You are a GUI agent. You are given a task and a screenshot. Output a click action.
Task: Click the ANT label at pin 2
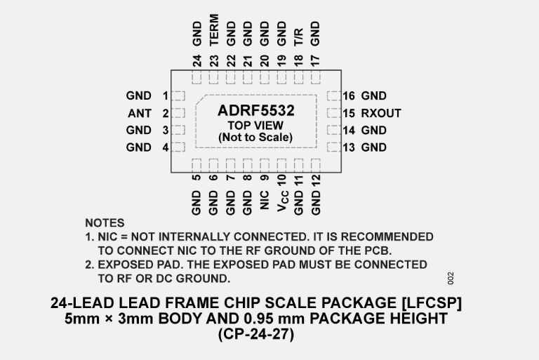tap(139, 113)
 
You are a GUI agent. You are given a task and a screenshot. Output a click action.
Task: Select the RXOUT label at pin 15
tap(381, 113)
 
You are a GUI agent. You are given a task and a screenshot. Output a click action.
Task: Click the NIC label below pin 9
tap(264, 200)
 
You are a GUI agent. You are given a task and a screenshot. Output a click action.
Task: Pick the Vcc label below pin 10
tap(281, 201)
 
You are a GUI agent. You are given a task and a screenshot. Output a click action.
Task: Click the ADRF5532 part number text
tap(255, 110)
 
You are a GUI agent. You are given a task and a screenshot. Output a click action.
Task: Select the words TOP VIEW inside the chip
tap(255, 126)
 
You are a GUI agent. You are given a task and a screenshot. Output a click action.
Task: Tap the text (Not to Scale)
tap(255, 138)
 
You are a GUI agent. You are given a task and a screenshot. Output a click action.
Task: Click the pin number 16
tap(349, 96)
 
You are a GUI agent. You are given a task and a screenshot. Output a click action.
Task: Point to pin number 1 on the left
tap(166, 96)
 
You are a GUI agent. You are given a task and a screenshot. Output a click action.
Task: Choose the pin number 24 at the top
tap(197, 60)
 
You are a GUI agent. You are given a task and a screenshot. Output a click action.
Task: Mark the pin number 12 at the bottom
tap(316, 180)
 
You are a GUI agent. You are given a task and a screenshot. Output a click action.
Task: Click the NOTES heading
tap(105, 223)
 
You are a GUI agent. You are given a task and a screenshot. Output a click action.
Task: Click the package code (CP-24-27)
tap(256, 335)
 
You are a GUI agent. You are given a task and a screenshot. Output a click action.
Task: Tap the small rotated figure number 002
tap(451, 277)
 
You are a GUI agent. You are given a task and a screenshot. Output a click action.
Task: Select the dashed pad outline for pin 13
tap(333, 147)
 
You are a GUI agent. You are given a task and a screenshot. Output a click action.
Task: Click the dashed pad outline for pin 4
tap(178, 147)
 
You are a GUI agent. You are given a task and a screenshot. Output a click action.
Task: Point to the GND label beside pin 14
tap(373, 130)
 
